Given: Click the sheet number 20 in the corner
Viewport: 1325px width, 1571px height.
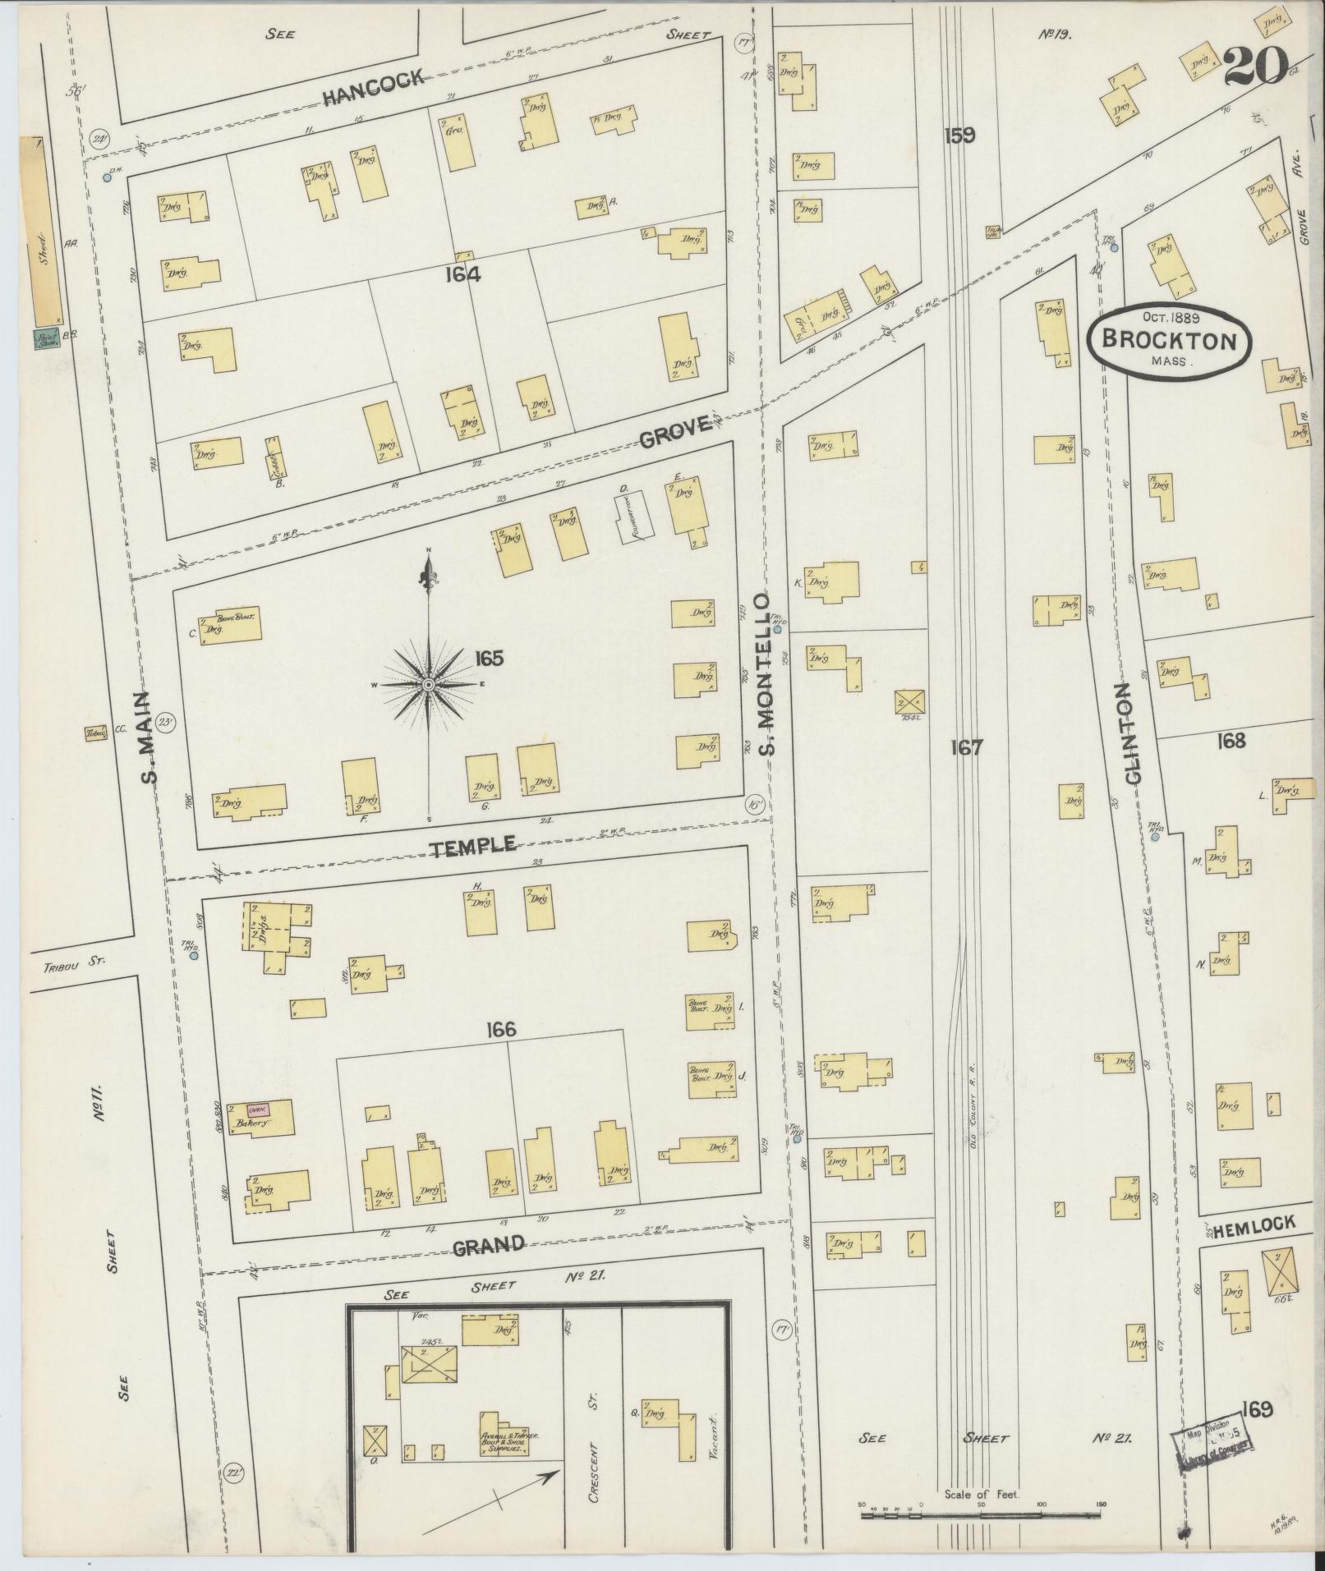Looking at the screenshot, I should (x=1255, y=66).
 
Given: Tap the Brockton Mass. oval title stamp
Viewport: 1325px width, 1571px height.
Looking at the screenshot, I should (x=1169, y=340).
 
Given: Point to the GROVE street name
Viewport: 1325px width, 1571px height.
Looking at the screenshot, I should (x=674, y=431).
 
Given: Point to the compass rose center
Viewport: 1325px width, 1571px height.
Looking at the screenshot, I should (x=429, y=684).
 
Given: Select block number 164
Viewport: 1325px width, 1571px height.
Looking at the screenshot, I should (x=462, y=275).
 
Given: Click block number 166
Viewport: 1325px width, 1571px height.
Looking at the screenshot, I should (x=500, y=1029).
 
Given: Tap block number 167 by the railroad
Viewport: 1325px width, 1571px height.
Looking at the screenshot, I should (x=966, y=747).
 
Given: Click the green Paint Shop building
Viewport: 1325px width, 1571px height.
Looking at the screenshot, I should (x=46, y=339).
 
